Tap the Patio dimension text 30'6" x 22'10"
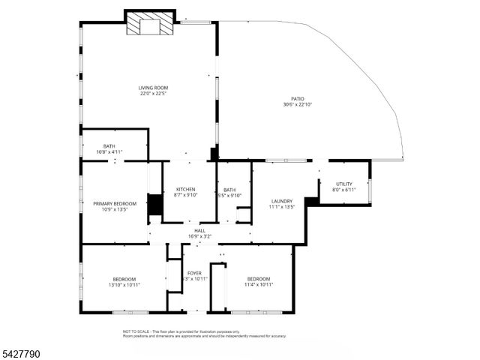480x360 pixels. click(298, 104)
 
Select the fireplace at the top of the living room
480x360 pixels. click(149, 25)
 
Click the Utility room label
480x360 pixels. click(343, 184)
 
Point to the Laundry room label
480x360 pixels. click(281, 201)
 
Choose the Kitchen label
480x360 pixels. click(185, 189)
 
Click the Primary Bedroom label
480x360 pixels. click(115, 203)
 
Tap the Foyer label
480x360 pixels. click(194, 273)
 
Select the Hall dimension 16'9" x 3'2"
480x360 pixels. click(199, 236)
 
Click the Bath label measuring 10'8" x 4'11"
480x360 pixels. click(109, 146)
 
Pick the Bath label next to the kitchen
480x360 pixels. click(229, 190)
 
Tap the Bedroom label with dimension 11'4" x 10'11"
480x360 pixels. click(259, 279)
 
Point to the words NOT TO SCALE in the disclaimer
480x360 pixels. click(136, 331)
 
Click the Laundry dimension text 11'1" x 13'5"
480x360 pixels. click(281, 207)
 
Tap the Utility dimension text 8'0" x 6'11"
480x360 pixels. click(343, 190)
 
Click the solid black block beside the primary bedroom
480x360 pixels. click(155, 205)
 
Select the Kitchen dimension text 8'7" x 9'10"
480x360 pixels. click(185, 195)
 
